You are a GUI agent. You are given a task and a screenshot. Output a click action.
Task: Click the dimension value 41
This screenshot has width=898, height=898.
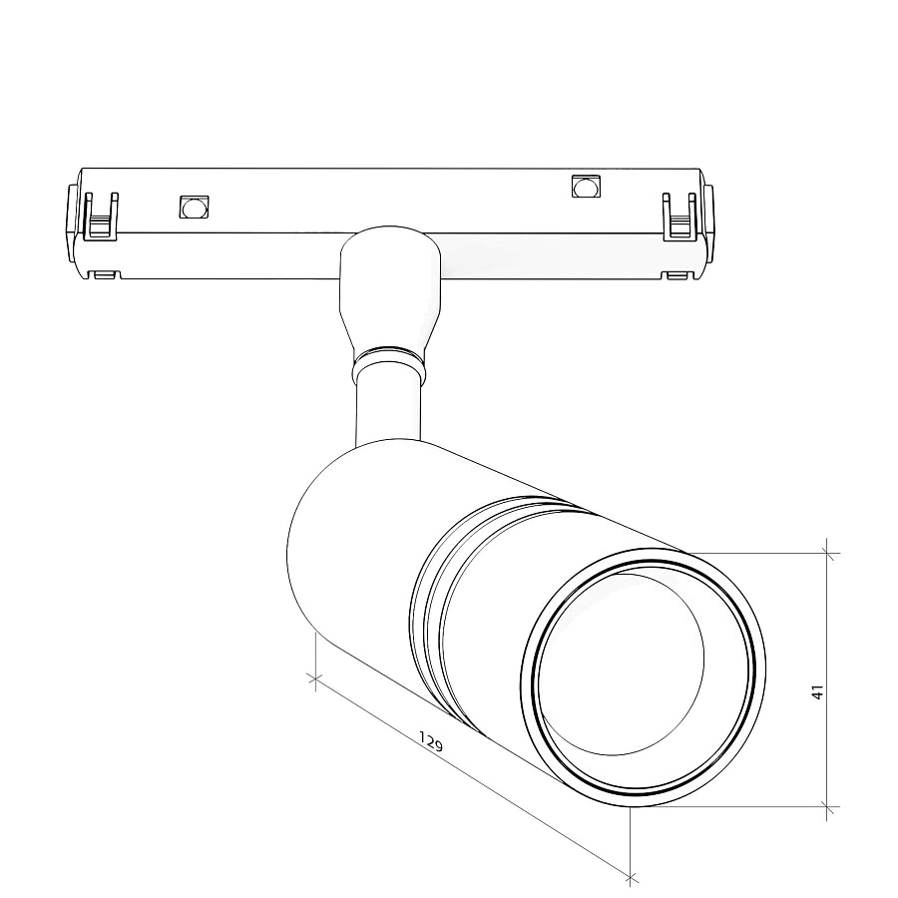pos(817,691)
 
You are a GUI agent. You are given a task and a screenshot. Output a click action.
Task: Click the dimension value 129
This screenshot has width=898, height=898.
pos(431,741)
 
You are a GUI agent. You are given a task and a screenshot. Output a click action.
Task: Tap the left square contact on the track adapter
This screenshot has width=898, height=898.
pos(193,207)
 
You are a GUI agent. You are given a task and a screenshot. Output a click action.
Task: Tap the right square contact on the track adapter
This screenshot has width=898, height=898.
pos(586,187)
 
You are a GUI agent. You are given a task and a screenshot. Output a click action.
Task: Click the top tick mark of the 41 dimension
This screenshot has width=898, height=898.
pos(828,551)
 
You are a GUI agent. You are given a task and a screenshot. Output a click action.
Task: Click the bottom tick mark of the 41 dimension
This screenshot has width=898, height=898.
pos(828,806)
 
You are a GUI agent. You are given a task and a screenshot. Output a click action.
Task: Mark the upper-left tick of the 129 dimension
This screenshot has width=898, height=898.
pos(315,680)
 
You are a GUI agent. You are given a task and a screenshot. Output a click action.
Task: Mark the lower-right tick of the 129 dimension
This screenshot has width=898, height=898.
pos(631,878)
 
